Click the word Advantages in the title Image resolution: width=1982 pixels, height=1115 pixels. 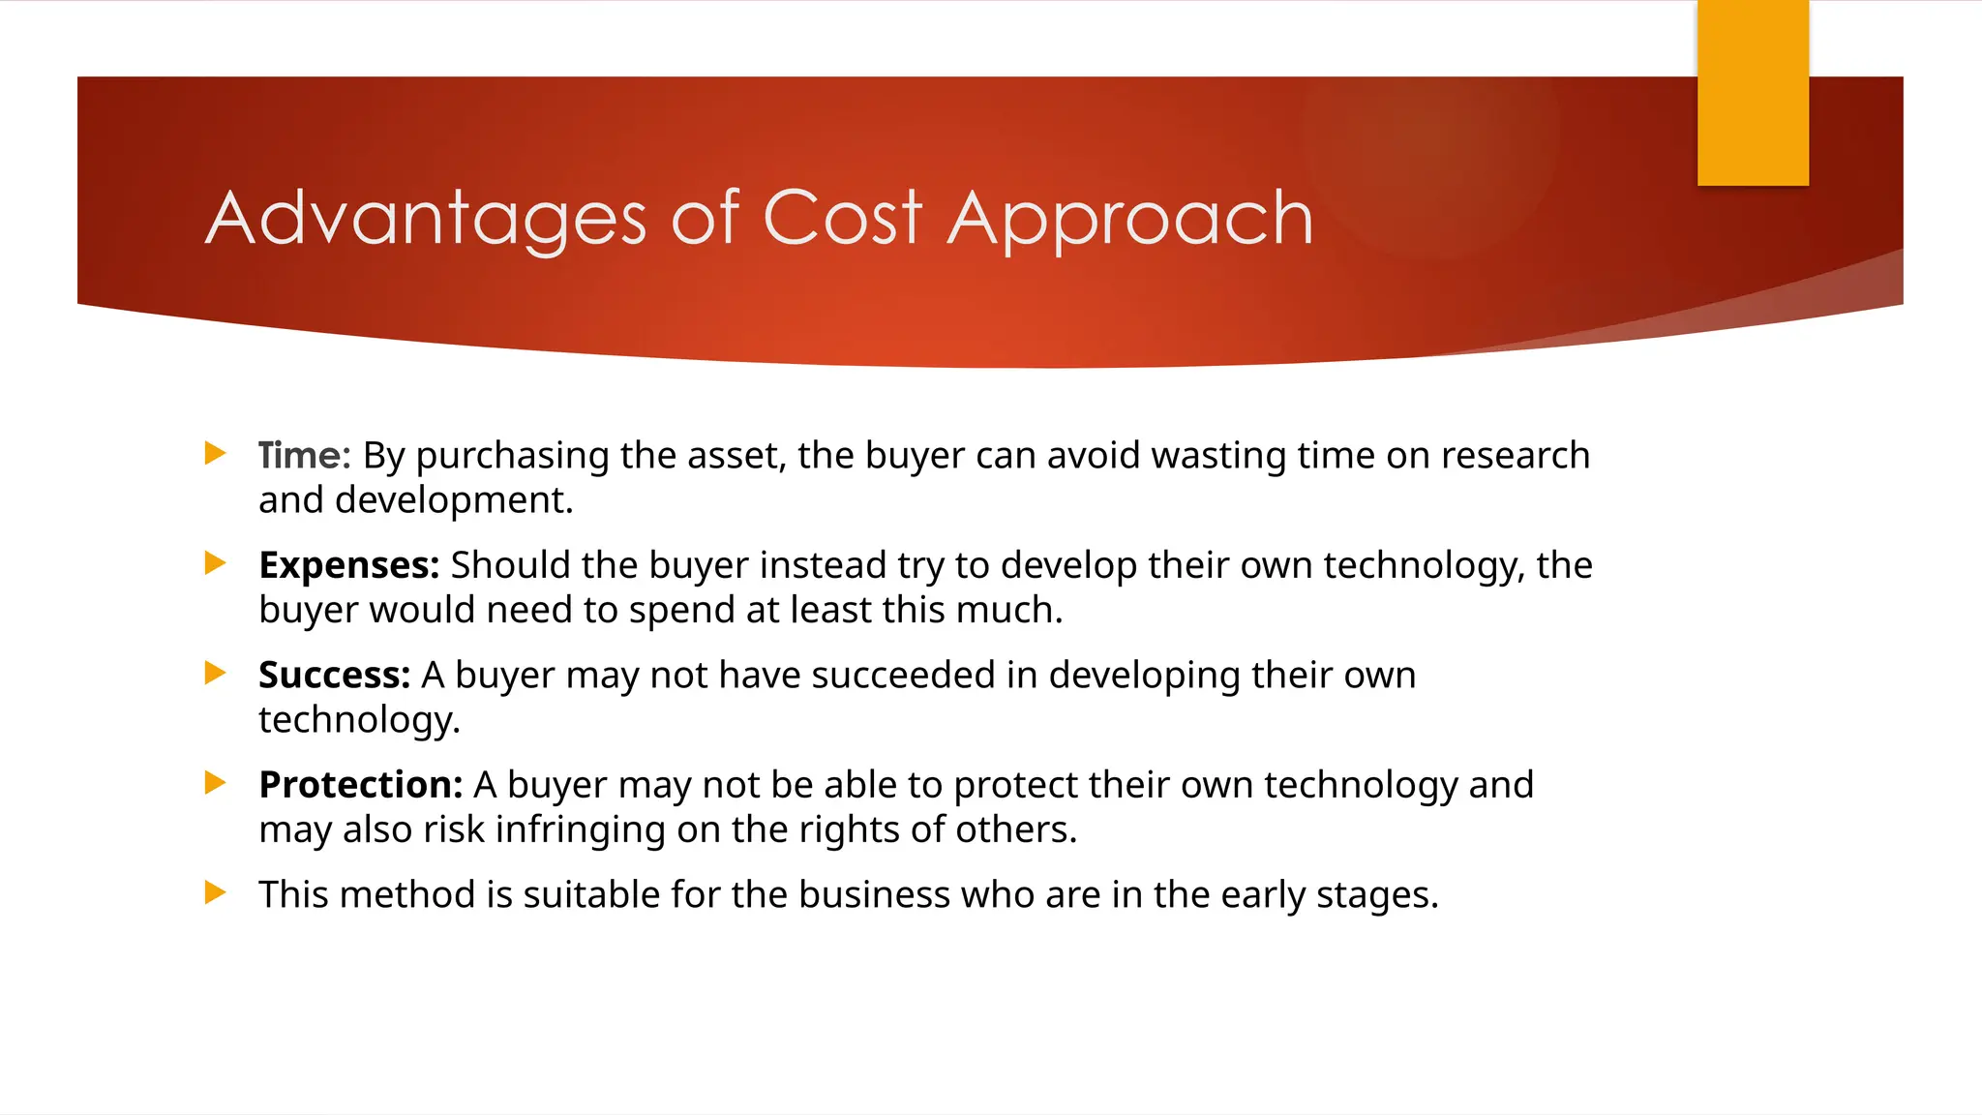(x=426, y=221)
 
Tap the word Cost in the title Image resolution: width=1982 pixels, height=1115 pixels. (x=842, y=219)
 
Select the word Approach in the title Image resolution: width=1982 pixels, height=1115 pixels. (x=1129, y=221)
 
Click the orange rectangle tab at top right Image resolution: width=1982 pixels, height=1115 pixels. (x=1752, y=93)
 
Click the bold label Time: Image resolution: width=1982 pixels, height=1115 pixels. (x=304, y=456)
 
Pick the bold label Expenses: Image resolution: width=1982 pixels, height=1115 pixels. (x=348, y=566)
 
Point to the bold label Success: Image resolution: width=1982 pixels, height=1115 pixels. (x=334, y=676)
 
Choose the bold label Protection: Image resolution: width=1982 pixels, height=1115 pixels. (x=360, y=785)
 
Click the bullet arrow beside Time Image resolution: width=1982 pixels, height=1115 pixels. (x=216, y=453)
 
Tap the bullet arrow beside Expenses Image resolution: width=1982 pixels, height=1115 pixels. (x=216, y=563)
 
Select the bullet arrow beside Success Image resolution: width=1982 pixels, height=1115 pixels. (x=216, y=673)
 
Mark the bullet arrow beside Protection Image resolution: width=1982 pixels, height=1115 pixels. (x=216, y=782)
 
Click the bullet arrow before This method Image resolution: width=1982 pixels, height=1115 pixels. (x=216, y=892)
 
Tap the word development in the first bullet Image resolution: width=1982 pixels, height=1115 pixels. (x=454, y=500)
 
